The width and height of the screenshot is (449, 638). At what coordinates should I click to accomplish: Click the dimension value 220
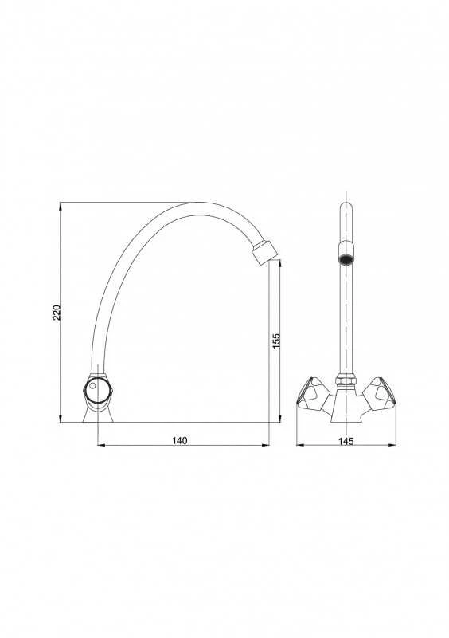57,313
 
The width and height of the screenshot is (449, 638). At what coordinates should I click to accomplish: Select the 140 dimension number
180,440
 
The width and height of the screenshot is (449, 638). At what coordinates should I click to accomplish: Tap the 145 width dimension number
346,441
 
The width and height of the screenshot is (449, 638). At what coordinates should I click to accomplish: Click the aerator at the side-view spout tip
264,253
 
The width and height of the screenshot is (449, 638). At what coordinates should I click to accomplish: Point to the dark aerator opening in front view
346,259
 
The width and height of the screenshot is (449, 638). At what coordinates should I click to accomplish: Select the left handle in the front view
310,392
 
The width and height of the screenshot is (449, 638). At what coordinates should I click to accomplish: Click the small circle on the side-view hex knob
92,386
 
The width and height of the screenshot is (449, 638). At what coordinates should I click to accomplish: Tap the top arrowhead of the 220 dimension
61,206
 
